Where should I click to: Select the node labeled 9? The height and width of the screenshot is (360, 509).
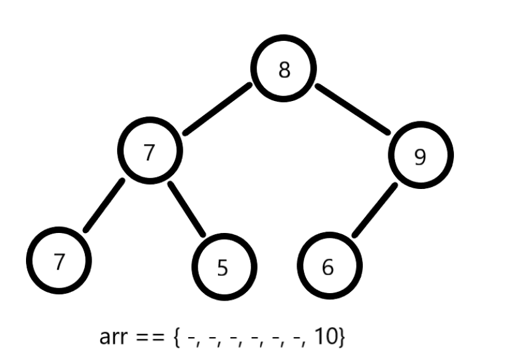point(420,156)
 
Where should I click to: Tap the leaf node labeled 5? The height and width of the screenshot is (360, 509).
point(223,267)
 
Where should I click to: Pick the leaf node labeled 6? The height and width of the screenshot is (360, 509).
point(328,266)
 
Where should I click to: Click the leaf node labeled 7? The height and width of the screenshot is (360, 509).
point(59,261)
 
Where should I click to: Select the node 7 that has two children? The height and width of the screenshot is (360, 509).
point(149,152)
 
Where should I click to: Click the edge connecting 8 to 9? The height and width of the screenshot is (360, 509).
point(353,108)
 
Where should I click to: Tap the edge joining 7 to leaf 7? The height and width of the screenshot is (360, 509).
point(104,205)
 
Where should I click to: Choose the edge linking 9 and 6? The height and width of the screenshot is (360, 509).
point(375,209)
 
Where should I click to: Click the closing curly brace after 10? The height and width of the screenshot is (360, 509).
point(341,338)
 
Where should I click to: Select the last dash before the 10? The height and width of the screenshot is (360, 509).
point(297,338)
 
